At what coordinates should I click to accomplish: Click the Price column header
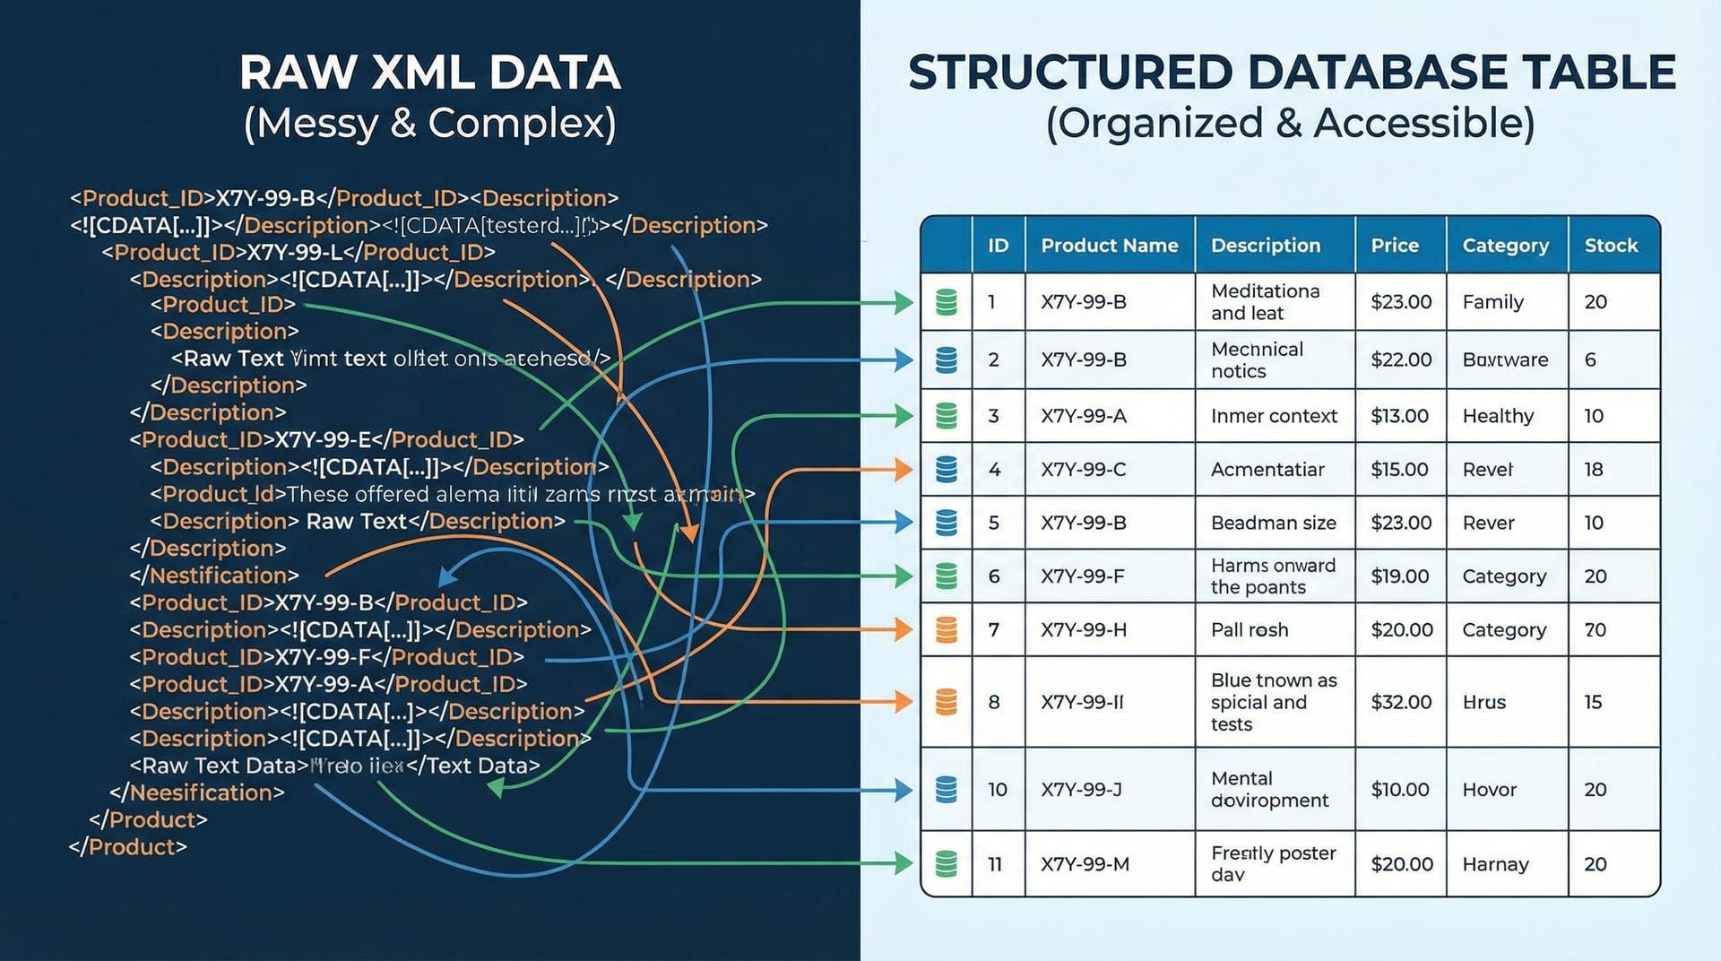[x=1394, y=246]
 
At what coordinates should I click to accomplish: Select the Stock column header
[x=1610, y=246]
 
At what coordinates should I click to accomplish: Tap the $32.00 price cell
[x=1400, y=702]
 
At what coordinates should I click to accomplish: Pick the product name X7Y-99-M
[x=1085, y=864]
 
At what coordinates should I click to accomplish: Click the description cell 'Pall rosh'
[x=1250, y=630]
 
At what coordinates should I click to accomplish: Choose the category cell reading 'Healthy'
[x=1498, y=416]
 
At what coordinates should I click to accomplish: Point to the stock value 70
[x=1595, y=630]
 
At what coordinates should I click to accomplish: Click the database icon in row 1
[x=947, y=302]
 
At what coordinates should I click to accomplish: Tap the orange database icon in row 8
[x=947, y=702]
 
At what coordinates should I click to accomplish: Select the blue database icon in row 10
[x=947, y=790]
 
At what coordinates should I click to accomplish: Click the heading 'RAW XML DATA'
[x=430, y=73]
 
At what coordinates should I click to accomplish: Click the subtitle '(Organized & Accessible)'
[x=1290, y=123]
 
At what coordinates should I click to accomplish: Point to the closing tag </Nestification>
[x=214, y=576]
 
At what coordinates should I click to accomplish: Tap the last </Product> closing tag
[x=128, y=847]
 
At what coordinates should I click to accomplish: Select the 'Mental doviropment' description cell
[x=1268, y=790]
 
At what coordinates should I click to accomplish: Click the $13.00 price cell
[x=1399, y=416]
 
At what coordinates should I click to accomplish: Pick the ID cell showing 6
[x=994, y=576]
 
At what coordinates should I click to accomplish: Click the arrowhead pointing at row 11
[x=904, y=864]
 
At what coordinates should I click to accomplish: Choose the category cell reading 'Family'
[x=1492, y=302]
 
